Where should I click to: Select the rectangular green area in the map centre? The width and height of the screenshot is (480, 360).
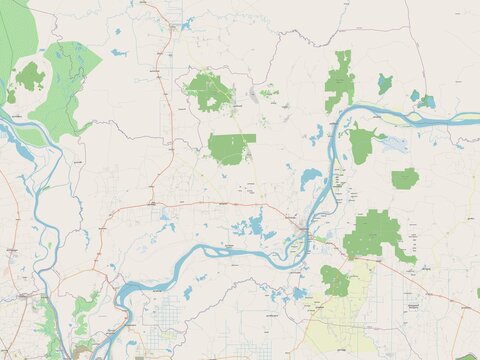pyautogui.click(x=231, y=148)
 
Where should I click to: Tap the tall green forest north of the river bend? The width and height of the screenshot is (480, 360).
pyautogui.click(x=341, y=80)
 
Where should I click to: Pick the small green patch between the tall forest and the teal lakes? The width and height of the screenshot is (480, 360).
pyautogui.click(x=385, y=84)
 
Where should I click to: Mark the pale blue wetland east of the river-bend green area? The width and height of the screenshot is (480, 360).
pyautogui.click(x=393, y=144)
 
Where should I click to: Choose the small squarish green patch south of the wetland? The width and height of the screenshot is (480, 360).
pyautogui.click(x=404, y=179)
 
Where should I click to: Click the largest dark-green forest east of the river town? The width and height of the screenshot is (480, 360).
pyautogui.click(x=375, y=234)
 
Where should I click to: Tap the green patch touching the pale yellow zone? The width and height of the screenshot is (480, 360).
pyautogui.click(x=335, y=281)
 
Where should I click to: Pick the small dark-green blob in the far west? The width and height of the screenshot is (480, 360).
pyautogui.click(x=29, y=75)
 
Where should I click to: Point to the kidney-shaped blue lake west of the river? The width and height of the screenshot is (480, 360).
pyautogui.click(x=310, y=179)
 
